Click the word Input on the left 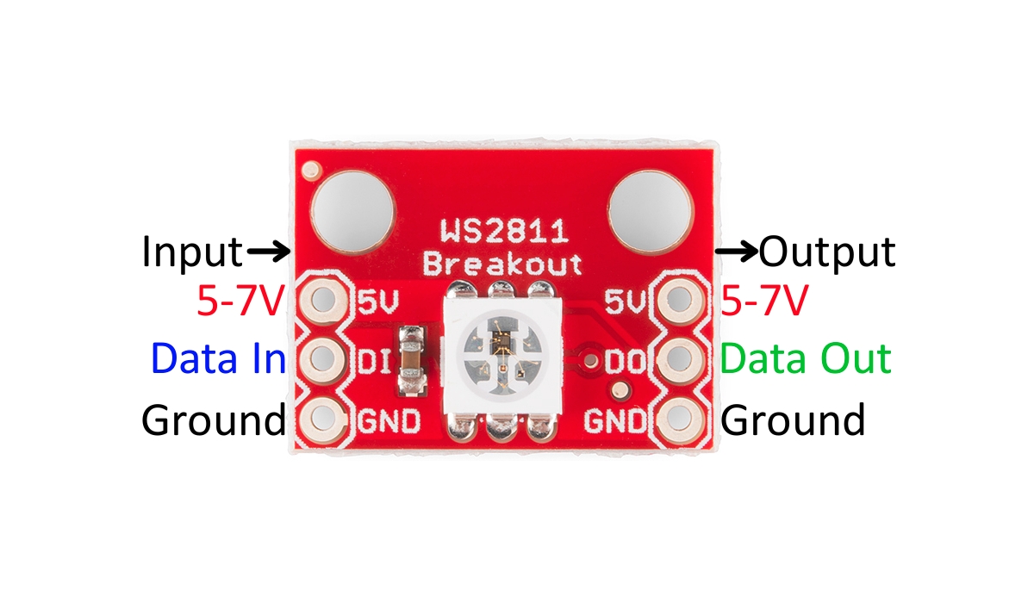click(192, 252)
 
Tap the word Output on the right click(827, 252)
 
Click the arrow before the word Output click(738, 252)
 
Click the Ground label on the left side click(213, 420)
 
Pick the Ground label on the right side click(793, 420)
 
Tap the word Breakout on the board click(502, 263)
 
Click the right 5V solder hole click(679, 301)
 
